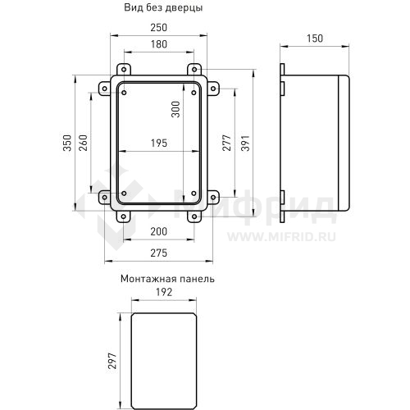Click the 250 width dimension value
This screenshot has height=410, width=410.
pyautogui.click(x=159, y=28)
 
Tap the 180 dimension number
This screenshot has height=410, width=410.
pyautogui.click(x=159, y=44)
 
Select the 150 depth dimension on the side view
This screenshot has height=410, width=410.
pyautogui.click(x=315, y=39)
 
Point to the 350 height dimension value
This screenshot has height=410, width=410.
pyautogui.click(x=67, y=143)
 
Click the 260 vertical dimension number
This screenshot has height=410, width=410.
pyautogui.click(x=83, y=143)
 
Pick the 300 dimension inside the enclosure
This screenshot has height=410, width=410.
pyautogui.click(x=175, y=109)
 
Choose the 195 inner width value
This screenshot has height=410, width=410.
pyautogui.click(x=159, y=143)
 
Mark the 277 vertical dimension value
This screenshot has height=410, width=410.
pyautogui.click(x=226, y=143)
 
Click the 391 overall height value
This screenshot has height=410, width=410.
pyautogui.click(x=245, y=143)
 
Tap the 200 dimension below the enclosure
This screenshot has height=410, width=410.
pyautogui.click(x=159, y=232)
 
